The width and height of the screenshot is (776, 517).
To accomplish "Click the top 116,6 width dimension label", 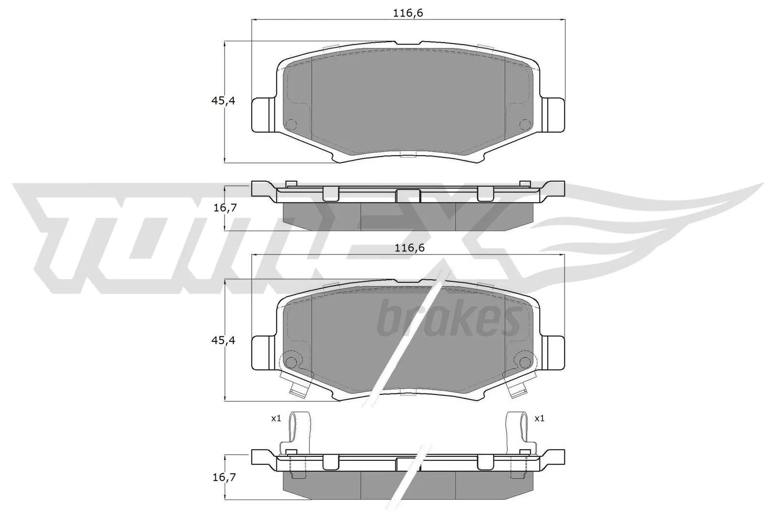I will (408, 13).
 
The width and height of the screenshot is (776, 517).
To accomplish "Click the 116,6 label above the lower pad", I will (409, 248).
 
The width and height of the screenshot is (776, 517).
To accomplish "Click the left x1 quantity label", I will (276, 419).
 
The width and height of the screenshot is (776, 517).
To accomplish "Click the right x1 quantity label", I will (539, 419).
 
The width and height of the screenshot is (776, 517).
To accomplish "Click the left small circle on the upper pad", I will (291, 124).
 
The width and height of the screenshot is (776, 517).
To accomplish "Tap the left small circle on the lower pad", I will (291, 362).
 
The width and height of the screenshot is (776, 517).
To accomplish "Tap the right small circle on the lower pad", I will (525, 362).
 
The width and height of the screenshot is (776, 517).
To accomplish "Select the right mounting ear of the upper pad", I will (553, 115).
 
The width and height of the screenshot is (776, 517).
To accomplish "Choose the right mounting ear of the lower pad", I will (553, 353).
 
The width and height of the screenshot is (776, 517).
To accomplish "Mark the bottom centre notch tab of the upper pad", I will (407, 155).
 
